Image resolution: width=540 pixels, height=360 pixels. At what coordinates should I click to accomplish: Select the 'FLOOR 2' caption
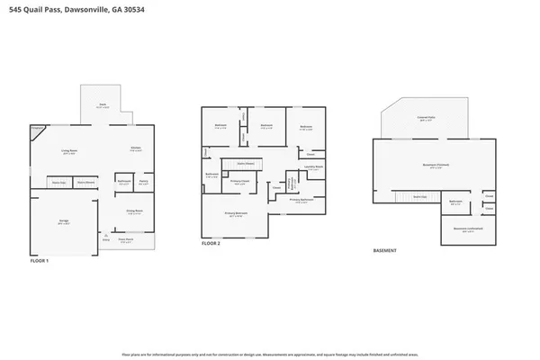pyautogui.click(x=210, y=244)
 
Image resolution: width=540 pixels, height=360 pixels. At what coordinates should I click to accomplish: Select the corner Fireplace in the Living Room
pyautogui.click(x=36, y=130)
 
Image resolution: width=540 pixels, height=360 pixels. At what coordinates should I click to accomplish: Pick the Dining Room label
pyautogui.click(x=135, y=212)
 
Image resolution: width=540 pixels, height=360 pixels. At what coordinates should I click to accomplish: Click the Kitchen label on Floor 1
pyautogui.click(x=134, y=149)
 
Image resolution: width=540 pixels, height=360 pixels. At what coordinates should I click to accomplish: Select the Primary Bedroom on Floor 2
pyautogui.click(x=235, y=214)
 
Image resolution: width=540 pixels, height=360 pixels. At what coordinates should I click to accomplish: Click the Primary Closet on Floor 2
pyautogui.click(x=241, y=184)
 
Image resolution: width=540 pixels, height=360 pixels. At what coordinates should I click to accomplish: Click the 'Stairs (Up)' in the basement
pyautogui.click(x=418, y=196)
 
